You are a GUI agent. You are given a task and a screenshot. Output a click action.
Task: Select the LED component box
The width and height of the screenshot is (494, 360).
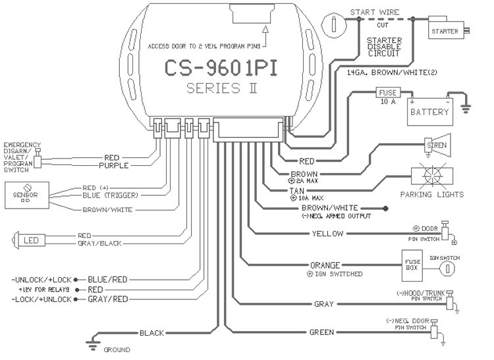coord(30,240)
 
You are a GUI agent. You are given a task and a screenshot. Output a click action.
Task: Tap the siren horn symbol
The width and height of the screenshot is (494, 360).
coord(438,142)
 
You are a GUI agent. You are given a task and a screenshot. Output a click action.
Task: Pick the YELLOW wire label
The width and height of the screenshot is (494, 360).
coord(327,234)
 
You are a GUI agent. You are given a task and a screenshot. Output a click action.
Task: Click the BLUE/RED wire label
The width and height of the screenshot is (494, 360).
coord(109,279)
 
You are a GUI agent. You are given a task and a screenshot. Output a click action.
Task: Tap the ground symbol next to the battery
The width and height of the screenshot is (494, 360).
coord(464,105)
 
